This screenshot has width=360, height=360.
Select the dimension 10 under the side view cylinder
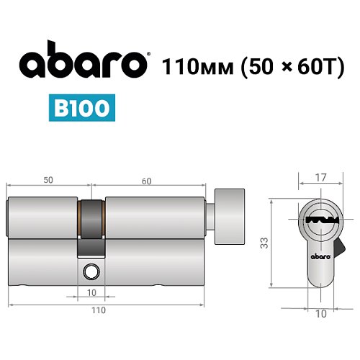[x=91, y=293]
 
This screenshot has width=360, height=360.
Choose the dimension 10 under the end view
[x=321, y=314]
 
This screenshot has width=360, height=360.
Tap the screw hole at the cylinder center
[x=91, y=271]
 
